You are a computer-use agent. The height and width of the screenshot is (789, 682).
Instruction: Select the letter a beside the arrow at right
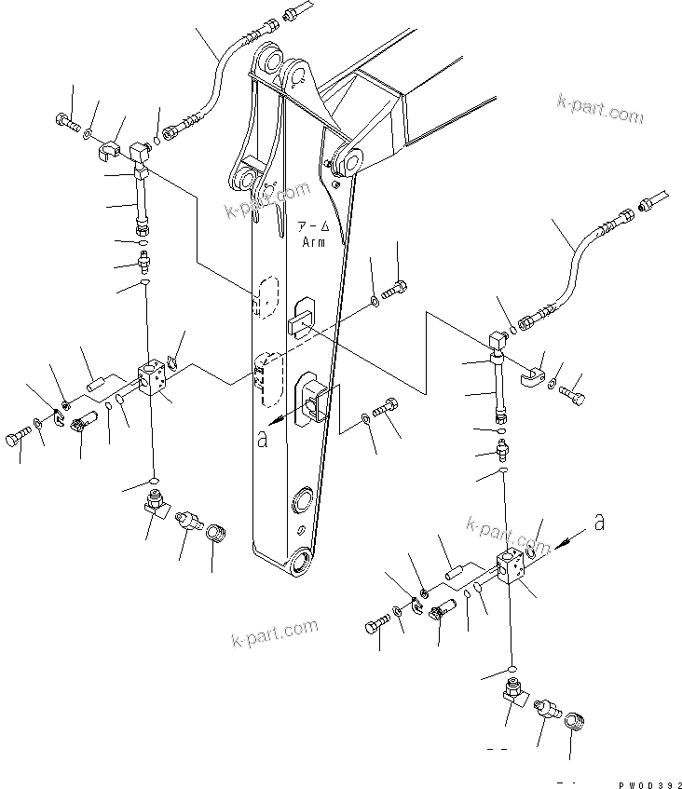pyautogui.click(x=599, y=524)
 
